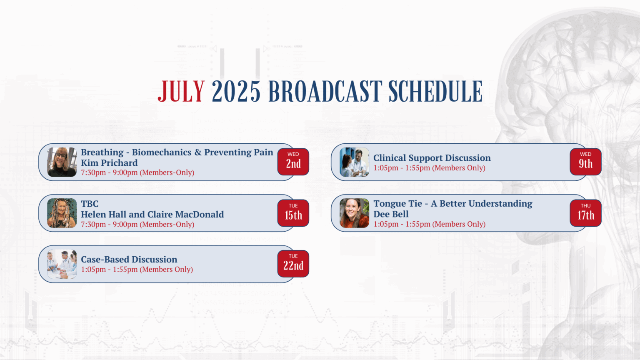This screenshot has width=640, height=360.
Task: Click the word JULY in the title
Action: (181, 91)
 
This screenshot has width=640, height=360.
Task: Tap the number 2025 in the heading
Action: (236, 91)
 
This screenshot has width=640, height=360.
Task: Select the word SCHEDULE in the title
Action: (435, 91)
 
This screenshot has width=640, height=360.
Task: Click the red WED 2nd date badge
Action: (293, 162)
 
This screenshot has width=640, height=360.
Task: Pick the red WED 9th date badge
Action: (586, 162)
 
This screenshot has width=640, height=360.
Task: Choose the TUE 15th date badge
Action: (293, 213)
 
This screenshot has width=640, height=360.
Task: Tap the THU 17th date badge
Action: (586, 213)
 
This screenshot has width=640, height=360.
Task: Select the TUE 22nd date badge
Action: (293, 264)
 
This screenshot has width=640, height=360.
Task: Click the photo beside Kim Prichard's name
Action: (62, 162)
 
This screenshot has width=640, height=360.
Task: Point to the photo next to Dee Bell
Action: (354, 213)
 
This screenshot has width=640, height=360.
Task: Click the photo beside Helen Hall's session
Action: (62, 213)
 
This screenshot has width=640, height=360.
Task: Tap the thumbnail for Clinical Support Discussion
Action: (354, 162)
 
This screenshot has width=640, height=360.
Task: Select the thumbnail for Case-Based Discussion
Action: (62, 264)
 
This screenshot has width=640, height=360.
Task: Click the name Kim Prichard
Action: (109, 163)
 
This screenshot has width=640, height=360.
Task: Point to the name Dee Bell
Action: (391, 214)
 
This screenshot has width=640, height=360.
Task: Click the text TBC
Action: (90, 204)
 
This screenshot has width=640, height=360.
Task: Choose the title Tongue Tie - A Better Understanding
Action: (453, 203)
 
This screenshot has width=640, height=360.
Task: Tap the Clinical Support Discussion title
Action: (432, 158)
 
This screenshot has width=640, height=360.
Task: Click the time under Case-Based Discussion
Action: (137, 270)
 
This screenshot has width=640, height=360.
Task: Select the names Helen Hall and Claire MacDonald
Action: (152, 214)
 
